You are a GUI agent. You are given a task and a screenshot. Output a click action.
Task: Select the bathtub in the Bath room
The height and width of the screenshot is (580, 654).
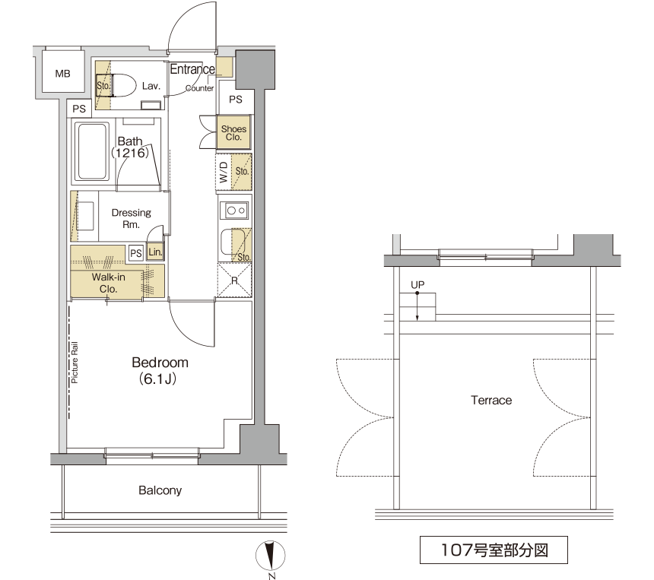(91, 151)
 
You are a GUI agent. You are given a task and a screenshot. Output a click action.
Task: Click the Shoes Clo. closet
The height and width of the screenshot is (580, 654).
(233, 132)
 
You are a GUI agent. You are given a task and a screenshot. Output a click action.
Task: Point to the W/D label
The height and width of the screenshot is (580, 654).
(224, 173)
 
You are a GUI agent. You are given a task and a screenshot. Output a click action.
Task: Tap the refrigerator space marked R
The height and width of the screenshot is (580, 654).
(234, 280)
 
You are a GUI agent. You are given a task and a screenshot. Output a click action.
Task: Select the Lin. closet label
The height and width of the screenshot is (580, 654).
(155, 252)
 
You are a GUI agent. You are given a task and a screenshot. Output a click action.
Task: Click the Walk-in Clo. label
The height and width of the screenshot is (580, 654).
(109, 283)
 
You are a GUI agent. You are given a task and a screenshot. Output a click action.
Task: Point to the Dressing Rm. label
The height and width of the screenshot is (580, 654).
(131, 218)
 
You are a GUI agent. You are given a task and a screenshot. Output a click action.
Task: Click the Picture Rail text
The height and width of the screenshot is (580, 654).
(75, 363)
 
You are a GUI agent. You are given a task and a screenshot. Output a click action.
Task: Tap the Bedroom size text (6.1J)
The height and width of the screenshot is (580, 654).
(158, 379)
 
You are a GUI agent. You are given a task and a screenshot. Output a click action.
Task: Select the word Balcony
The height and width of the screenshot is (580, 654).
(160, 490)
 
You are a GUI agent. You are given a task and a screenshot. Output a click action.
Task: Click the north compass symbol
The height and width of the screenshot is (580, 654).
(270, 556)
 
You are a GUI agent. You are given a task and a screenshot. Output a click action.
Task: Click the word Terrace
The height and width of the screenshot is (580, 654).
(491, 401)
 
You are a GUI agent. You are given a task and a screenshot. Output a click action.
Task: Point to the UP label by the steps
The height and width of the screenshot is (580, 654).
(417, 285)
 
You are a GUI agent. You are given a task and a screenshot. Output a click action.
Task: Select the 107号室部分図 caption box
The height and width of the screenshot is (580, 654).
(494, 550)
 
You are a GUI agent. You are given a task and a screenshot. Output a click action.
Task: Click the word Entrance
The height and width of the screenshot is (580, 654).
(192, 69)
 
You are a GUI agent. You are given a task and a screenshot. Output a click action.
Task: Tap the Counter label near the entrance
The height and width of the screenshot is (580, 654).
(200, 88)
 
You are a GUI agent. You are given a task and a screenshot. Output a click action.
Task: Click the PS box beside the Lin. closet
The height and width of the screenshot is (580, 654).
(136, 253)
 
